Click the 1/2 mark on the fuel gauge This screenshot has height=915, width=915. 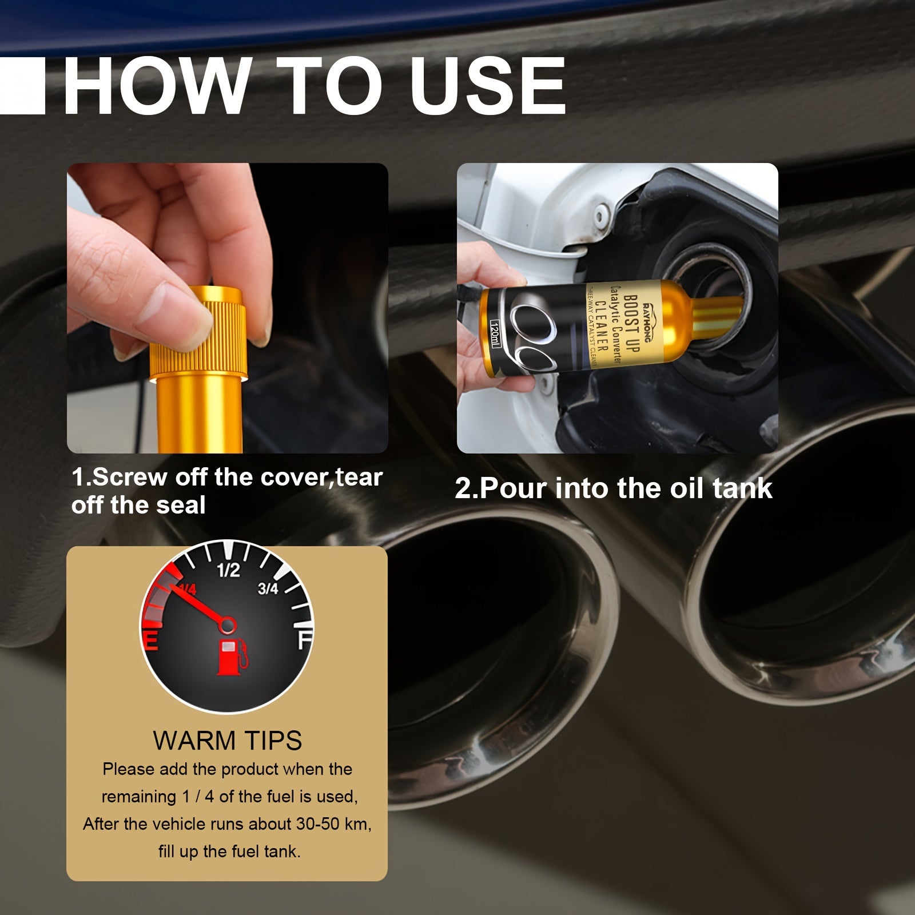pos(228,571)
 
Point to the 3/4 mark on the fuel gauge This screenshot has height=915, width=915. pos(268,588)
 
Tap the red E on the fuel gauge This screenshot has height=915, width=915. pos(150,640)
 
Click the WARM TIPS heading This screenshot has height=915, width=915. pos(227,741)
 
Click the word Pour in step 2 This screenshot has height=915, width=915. pos(512,488)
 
